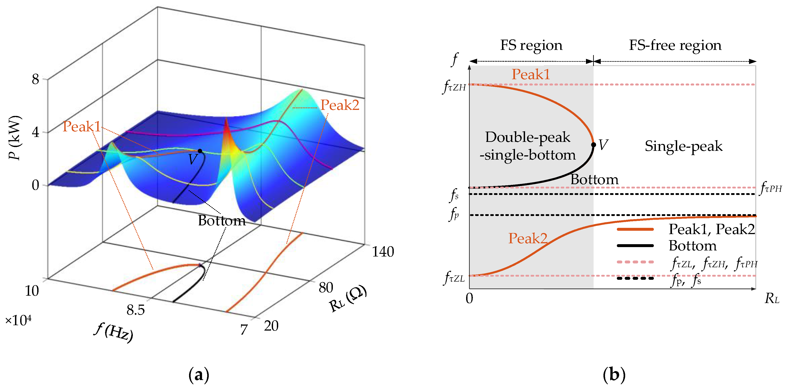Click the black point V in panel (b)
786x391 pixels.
coord(593,145)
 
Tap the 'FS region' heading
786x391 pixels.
coord(531,45)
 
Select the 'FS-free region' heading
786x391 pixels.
coord(675,45)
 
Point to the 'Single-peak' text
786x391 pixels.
coord(683,146)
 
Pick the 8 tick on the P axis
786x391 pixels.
coord(35,80)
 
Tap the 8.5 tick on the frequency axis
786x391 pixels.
coord(136,310)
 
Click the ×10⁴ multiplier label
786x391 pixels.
coord(18,320)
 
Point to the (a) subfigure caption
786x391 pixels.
coord(199,375)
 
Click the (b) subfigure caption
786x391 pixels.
coord(614,375)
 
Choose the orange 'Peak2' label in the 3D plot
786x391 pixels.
coord(340,105)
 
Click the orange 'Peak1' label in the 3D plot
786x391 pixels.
coord(82,127)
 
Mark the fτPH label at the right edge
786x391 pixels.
coord(771,188)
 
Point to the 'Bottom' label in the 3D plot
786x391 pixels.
coord(222,220)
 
